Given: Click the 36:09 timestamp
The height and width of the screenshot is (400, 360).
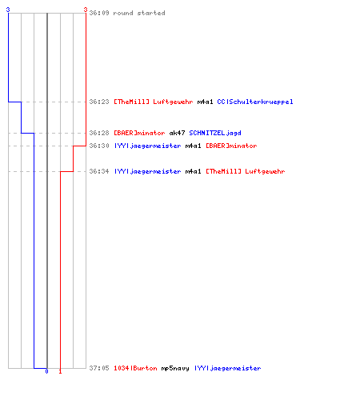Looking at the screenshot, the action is pyautogui.click(x=99, y=13).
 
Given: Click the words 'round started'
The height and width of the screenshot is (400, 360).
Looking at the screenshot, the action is pyautogui.click(x=139, y=13).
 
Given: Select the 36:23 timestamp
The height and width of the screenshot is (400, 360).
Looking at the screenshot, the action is pyautogui.click(x=99, y=102).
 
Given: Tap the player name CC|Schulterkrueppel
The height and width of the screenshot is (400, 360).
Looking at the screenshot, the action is pyautogui.click(x=255, y=102).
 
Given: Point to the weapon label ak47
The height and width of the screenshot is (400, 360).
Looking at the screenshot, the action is pyautogui.click(x=177, y=133).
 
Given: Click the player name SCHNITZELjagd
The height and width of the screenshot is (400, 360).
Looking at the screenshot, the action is pyautogui.click(x=215, y=133).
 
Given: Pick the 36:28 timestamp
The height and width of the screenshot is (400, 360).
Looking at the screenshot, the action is pyautogui.click(x=99, y=133).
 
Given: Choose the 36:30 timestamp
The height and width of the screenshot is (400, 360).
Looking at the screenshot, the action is pyautogui.click(x=99, y=146).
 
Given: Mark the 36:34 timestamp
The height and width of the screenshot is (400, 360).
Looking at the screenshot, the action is pyautogui.click(x=99, y=171).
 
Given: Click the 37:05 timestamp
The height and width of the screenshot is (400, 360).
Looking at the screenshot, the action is pyautogui.click(x=99, y=368).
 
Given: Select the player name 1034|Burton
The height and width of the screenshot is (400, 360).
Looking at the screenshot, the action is pyautogui.click(x=135, y=368).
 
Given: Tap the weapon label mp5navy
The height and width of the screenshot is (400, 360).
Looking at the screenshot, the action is pyautogui.click(x=175, y=368).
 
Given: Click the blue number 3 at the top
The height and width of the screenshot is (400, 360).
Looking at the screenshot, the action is pyautogui.click(x=8, y=10).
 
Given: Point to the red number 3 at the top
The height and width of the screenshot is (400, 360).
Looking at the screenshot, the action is pyautogui.click(x=86, y=10).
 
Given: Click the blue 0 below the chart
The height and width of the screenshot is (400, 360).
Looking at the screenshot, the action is pyautogui.click(x=46, y=371).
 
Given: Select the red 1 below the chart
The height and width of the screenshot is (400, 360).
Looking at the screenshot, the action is pyautogui.click(x=60, y=371).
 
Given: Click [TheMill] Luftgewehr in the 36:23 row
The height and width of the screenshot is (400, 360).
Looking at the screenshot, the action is pyautogui.click(x=154, y=102).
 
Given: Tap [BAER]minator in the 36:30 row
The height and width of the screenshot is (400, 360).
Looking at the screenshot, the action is pyautogui.click(x=231, y=146).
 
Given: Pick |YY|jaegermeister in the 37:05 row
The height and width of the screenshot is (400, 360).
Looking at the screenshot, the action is pyautogui.click(x=228, y=368).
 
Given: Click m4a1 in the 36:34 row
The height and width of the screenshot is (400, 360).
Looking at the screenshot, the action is pyautogui.click(x=193, y=171).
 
